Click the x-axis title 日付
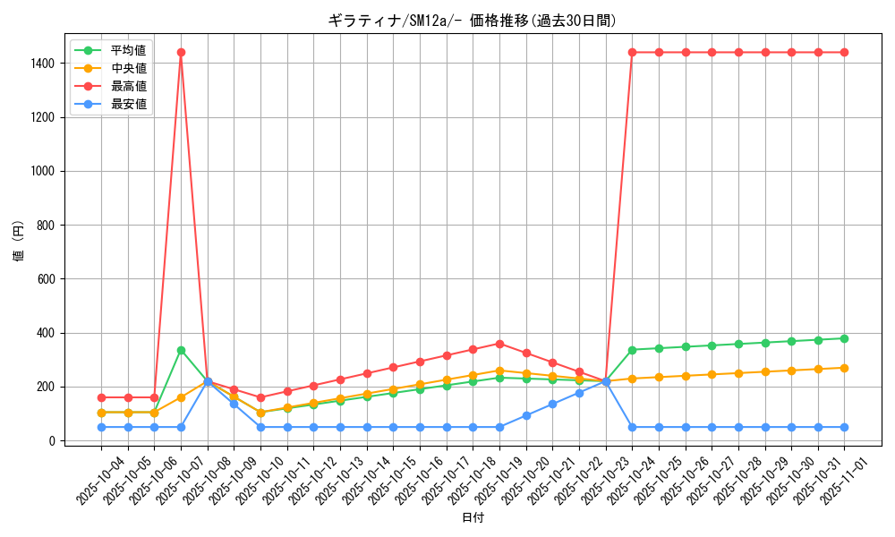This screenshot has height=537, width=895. click(x=473, y=518)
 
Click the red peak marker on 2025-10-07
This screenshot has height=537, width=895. click(x=181, y=52)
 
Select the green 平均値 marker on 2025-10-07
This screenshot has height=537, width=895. click(x=181, y=350)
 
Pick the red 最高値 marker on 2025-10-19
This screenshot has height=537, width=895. click(x=499, y=344)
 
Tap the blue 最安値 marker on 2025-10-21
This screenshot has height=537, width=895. click(x=552, y=404)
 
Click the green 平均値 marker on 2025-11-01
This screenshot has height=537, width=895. click(x=844, y=338)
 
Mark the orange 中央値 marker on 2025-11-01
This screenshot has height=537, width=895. click(x=844, y=368)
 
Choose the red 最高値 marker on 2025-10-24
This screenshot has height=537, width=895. click(x=632, y=52)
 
